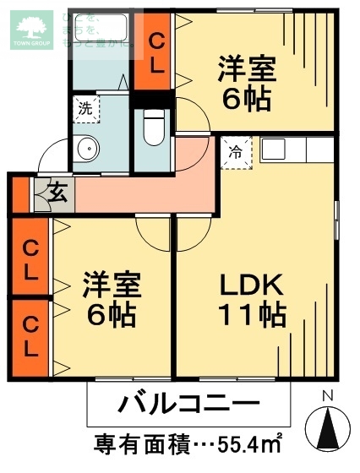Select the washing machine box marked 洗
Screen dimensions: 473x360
click(85, 107)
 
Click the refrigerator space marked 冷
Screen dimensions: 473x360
click(236, 154)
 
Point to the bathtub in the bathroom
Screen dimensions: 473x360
click(98, 32)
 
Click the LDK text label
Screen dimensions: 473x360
click(251, 286)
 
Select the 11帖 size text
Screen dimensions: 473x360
click(251, 317)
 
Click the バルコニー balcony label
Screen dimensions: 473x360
click(188, 402)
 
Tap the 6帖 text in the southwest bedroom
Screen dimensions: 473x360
click(112, 315)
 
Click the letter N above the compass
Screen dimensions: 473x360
click(328, 395)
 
